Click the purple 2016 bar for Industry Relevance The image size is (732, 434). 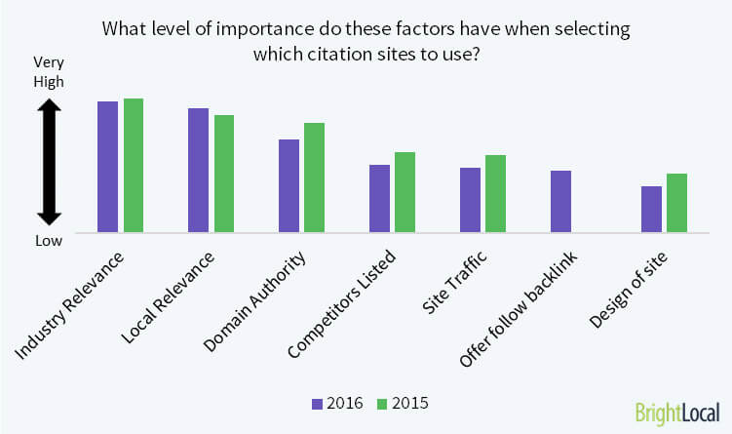107,167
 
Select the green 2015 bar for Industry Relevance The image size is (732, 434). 134,166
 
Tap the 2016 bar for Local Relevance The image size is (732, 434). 198,170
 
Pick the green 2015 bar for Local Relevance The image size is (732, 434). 224,174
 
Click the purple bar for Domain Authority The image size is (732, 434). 289,185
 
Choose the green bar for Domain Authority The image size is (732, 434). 314,178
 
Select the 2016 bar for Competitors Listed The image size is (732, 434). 379,199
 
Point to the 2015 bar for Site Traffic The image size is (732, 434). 495,194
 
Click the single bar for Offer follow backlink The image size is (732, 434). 560,202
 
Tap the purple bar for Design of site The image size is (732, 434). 651,209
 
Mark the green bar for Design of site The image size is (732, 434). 676,203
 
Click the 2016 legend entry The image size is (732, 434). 336,402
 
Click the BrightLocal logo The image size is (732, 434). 676,412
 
